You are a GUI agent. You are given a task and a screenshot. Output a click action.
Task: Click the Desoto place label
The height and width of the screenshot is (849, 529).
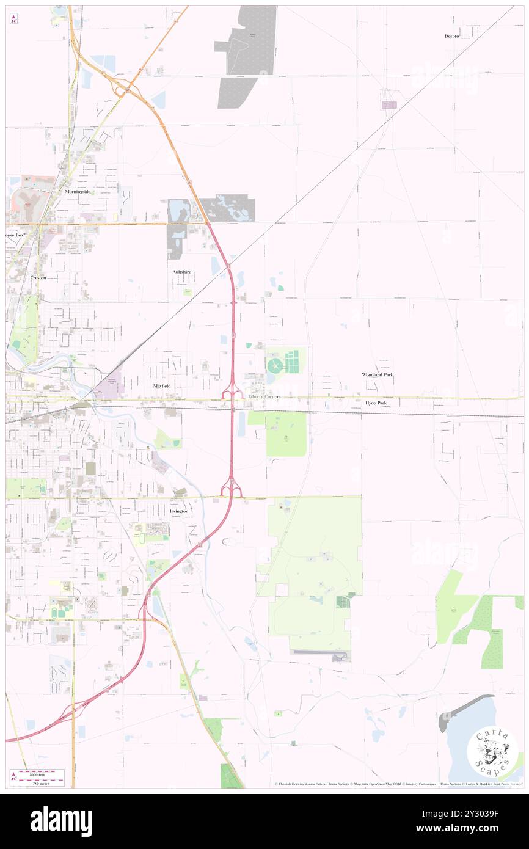tap(451, 36)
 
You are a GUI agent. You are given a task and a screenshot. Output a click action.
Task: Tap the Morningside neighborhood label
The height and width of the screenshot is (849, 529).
tap(78, 191)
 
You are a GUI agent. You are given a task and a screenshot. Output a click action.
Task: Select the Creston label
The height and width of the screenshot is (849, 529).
tap(38, 277)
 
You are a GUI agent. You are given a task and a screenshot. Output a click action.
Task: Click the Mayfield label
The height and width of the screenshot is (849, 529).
tap(162, 387)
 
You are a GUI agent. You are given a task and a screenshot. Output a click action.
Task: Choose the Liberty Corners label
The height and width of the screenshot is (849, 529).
tap(264, 396)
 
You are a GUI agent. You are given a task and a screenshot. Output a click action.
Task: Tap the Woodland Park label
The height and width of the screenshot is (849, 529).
tap(377, 374)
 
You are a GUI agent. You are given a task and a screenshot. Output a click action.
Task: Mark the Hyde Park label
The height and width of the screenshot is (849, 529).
tap(376, 403)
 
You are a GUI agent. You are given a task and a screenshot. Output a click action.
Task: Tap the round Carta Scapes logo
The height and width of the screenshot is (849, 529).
tap(492, 752)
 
